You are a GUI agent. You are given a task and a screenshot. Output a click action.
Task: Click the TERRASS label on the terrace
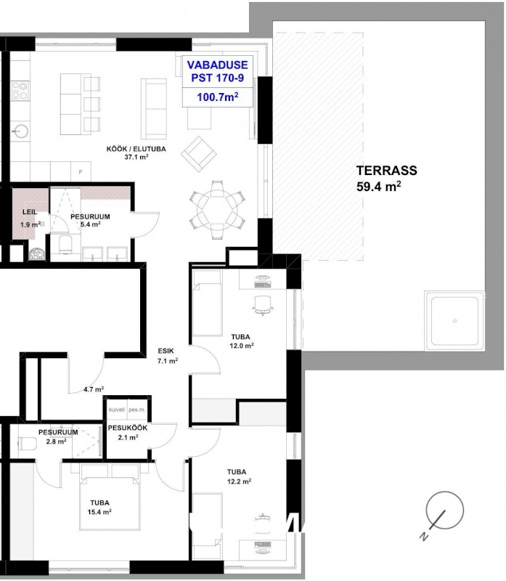[x=386, y=171]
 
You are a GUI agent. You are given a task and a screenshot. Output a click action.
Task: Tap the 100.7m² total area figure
[x=218, y=97]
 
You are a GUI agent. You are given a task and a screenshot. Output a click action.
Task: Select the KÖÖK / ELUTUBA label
[x=136, y=149]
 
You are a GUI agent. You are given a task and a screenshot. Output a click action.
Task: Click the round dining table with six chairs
[x=218, y=210]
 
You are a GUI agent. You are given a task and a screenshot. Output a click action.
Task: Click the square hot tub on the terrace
[x=454, y=321]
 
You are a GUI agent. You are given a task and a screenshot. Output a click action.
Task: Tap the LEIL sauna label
[x=30, y=212]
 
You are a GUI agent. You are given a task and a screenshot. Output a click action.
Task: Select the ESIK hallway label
[x=166, y=351]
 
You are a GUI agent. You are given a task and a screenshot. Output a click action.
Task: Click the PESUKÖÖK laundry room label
[x=128, y=428]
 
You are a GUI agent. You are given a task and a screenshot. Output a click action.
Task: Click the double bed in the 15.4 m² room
[x=110, y=497]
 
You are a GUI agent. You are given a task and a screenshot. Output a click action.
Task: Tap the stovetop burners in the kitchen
[x=20, y=90]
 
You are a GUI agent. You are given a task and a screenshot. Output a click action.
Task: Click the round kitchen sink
[x=20, y=131]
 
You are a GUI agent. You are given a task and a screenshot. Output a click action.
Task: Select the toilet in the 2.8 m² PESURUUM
[x=27, y=443]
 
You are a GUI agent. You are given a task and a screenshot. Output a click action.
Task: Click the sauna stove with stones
[x=37, y=253]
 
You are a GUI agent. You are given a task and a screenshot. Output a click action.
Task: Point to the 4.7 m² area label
[x=94, y=389]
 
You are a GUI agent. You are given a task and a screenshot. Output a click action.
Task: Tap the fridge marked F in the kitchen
[x=81, y=171]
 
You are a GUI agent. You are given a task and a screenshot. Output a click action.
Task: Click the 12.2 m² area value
[x=240, y=482]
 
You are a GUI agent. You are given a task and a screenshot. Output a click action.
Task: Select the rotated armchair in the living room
[x=199, y=154]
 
